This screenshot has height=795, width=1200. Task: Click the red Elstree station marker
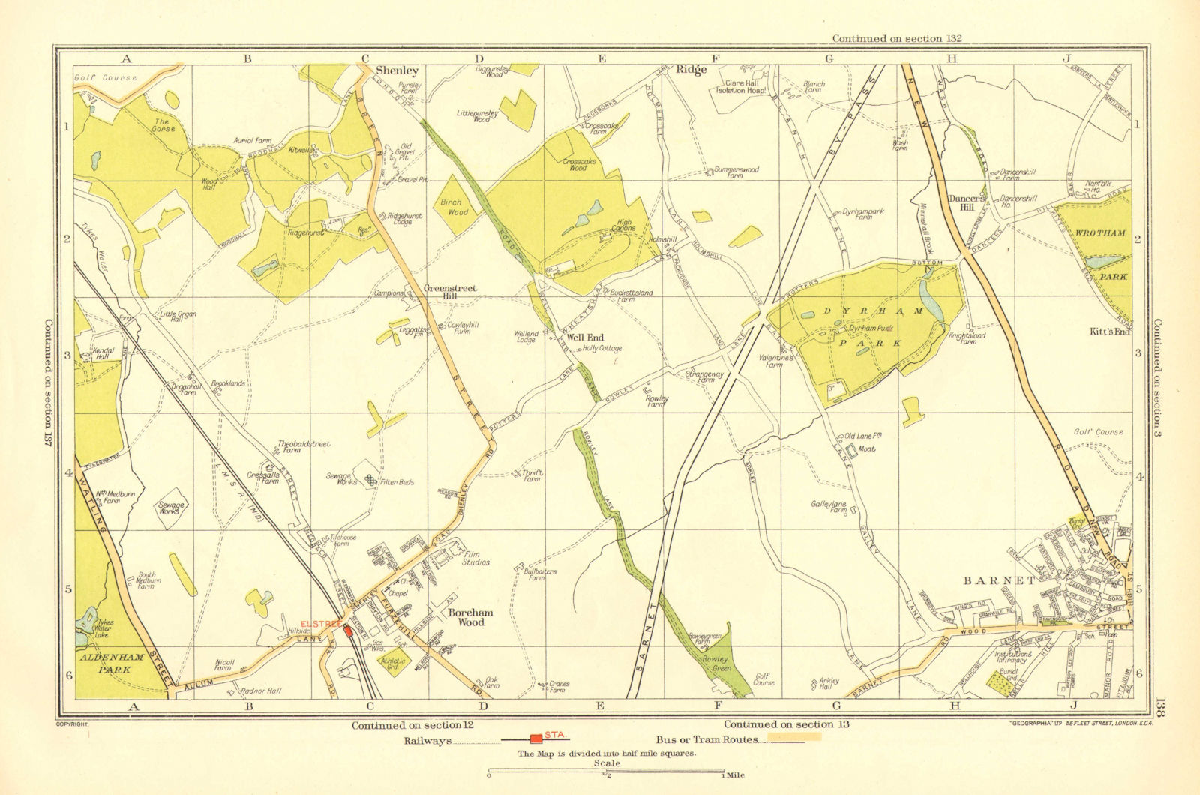[x=348, y=631]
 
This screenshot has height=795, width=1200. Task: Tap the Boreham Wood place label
[x=470, y=617]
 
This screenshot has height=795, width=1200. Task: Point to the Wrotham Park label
[x=1100, y=254]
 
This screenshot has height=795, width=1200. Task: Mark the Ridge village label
[x=691, y=70]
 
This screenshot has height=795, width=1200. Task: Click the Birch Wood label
[x=454, y=207]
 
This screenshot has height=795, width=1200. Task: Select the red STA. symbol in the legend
[x=536, y=739]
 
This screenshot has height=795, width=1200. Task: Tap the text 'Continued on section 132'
[x=896, y=38]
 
